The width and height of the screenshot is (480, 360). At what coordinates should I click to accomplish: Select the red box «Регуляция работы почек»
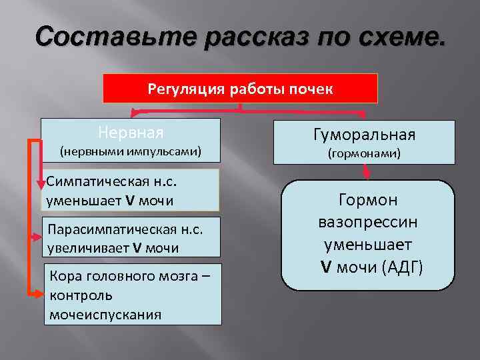(240, 89)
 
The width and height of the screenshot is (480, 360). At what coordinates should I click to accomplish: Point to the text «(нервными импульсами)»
(131, 151)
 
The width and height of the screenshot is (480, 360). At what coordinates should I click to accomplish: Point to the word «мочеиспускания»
(105, 313)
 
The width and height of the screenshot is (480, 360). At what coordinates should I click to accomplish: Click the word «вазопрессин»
(369, 222)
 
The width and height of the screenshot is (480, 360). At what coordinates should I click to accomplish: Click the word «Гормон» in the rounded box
(369, 200)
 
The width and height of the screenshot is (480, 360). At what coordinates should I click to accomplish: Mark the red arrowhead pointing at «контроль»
(41, 293)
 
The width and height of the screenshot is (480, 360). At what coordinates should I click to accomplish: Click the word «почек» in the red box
(313, 89)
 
